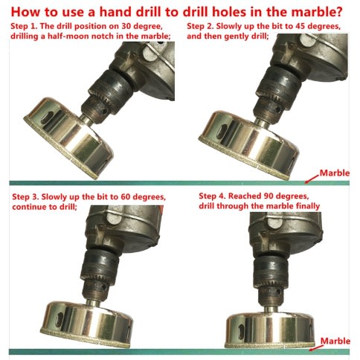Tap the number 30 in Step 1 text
tap(126, 26)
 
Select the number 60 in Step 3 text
tap(126, 196)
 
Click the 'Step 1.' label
tap(24, 26)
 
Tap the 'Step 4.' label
tap(212, 196)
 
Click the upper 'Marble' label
tap(335, 173)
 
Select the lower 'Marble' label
tap(335, 341)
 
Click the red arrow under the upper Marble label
tap(312, 179)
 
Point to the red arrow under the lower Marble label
tap(315, 347)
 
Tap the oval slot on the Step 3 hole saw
tap(60, 320)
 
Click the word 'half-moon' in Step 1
tap(68, 36)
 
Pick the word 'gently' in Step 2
tap(237, 36)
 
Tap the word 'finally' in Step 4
tap(308, 206)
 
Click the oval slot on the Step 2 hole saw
tap(222, 131)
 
